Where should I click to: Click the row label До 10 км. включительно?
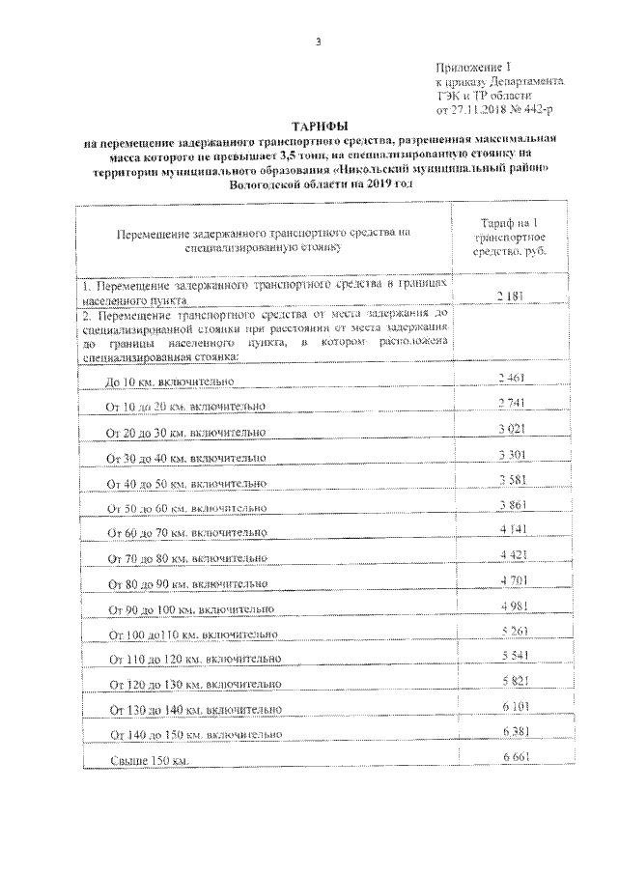point(172,382)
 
